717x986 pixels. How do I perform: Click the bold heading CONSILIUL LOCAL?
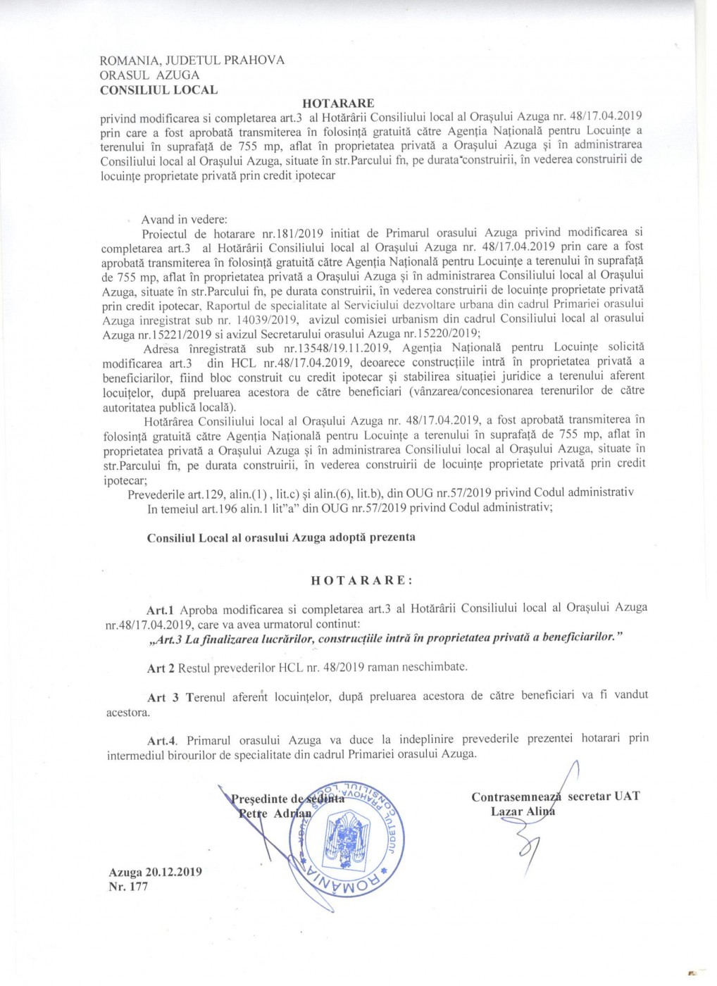(x=158, y=90)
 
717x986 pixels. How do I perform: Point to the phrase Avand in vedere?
(x=180, y=220)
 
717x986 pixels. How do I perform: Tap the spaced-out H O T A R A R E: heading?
(x=361, y=581)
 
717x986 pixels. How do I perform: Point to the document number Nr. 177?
(x=128, y=887)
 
